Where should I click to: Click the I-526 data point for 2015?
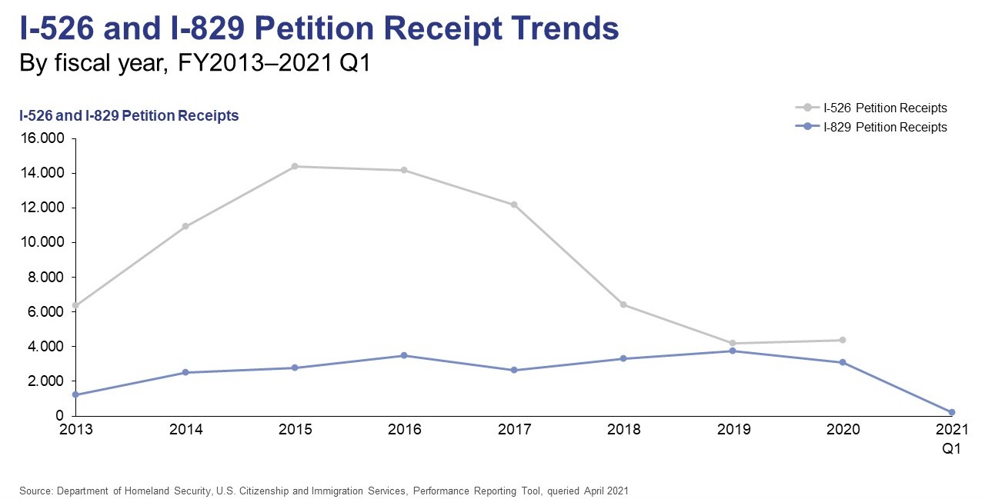click(x=295, y=166)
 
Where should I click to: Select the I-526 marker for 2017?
click(x=514, y=205)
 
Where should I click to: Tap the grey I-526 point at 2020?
click(x=843, y=340)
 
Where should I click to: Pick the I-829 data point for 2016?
click(x=405, y=355)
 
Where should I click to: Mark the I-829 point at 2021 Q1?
click(x=952, y=412)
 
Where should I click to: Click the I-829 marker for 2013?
click(x=75, y=394)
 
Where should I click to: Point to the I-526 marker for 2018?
click(x=623, y=304)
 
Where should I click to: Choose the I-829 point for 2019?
click(x=733, y=351)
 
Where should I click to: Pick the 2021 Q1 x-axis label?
click(x=952, y=438)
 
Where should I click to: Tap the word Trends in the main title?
click(x=551, y=28)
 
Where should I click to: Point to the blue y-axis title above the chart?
click(x=129, y=116)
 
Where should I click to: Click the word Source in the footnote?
click(x=33, y=490)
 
